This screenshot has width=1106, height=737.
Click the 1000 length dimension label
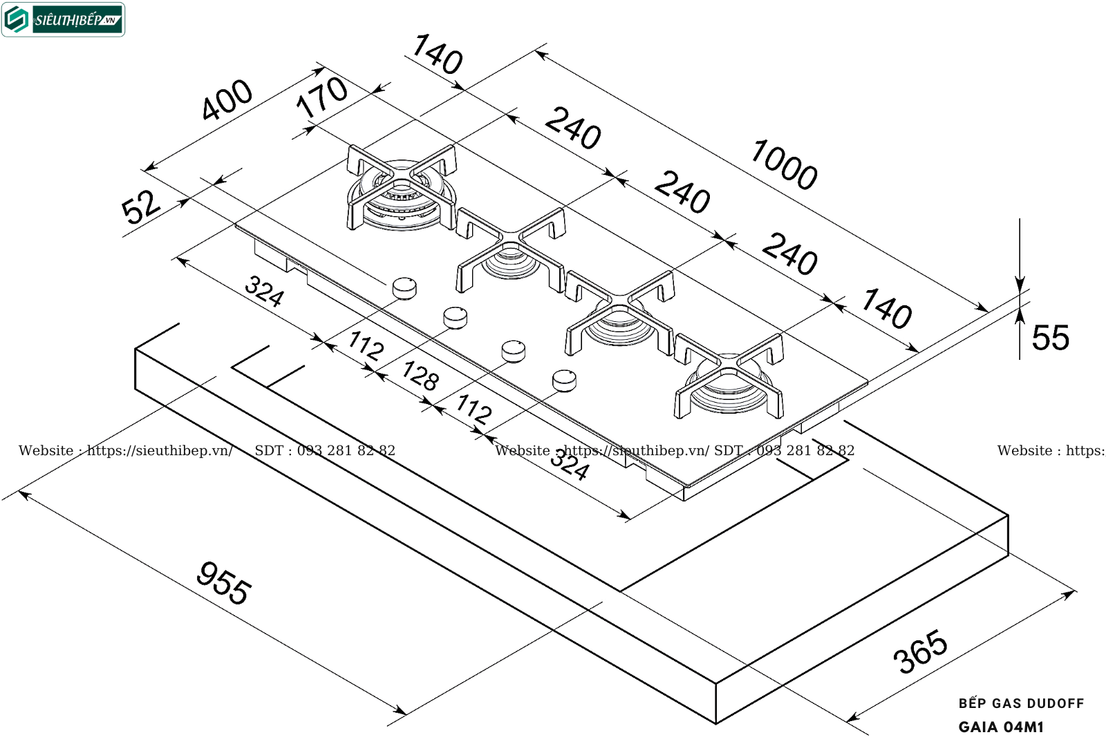tap(784, 164)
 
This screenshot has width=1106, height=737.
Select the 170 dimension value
tap(321, 97)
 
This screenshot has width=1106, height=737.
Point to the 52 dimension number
tap(140, 206)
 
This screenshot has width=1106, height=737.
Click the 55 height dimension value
tap(1050, 338)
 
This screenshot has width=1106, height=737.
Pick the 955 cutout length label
tap(223, 584)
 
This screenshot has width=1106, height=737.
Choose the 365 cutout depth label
tap(920, 651)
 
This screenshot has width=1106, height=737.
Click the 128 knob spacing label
tap(420, 376)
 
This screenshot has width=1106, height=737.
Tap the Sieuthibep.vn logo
tap(64, 19)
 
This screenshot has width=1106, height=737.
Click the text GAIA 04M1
tap(1001, 727)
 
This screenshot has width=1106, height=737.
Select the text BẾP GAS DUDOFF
tap(1021, 703)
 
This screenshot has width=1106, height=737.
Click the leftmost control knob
tap(404, 287)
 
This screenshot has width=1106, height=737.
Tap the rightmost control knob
tap(564, 379)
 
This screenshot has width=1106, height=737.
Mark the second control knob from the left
tap(455, 318)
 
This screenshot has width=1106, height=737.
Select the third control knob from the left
tap(513, 351)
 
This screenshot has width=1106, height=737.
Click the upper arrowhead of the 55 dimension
tap(1020, 283)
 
